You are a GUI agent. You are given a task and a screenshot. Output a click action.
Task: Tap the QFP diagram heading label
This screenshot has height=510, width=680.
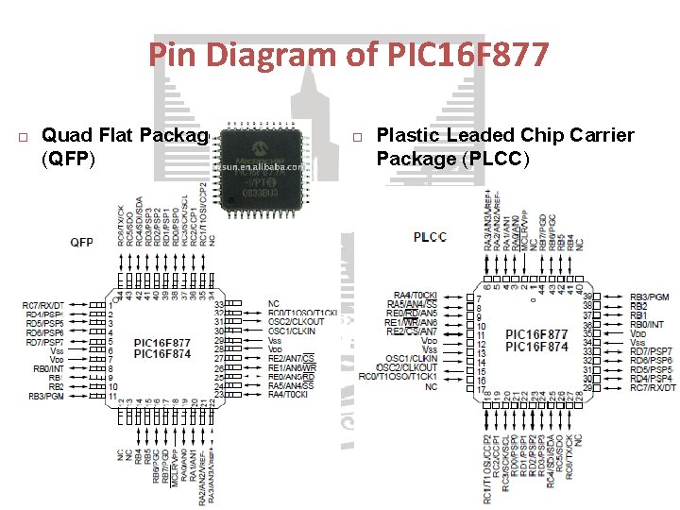click(x=82, y=242)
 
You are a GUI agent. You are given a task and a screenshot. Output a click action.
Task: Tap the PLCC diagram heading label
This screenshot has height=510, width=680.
click(x=430, y=236)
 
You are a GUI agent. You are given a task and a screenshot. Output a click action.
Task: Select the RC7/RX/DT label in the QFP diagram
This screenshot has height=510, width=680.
click(x=43, y=305)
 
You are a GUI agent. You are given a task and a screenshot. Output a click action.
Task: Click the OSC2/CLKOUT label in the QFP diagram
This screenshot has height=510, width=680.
click(x=296, y=322)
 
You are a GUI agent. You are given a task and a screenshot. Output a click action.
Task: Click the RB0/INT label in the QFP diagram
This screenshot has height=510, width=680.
click(x=48, y=368)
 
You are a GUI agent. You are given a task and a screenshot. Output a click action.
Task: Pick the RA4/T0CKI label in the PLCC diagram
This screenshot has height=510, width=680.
click(x=416, y=296)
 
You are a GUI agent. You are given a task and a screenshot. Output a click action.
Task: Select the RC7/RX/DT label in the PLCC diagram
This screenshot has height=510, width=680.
click(x=654, y=387)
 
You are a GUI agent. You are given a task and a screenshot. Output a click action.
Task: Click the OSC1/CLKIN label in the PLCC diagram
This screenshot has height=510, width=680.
click(x=412, y=358)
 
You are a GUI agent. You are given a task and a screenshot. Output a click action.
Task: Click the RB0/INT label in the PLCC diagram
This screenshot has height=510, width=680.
click(x=649, y=324)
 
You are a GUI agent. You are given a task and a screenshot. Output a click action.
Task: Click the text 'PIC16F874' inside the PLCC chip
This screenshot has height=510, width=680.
click(x=536, y=347)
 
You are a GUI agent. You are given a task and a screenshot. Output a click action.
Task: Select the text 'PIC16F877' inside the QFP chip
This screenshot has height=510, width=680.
click(x=162, y=343)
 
